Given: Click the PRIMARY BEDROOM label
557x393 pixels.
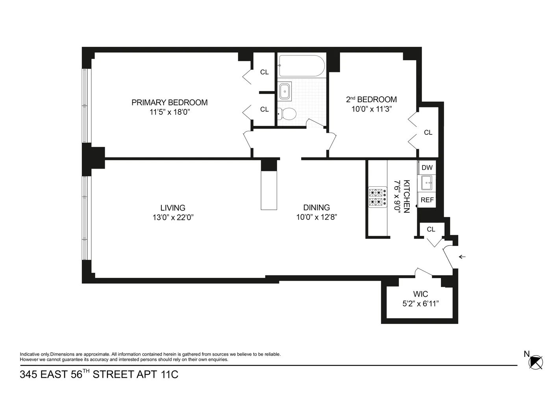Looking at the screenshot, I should coord(169,103).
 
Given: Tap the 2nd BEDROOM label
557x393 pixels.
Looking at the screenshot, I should coord(371,99).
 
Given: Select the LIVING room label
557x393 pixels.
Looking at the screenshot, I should coord(173,208).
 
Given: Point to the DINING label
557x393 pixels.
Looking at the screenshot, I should coord(316,208).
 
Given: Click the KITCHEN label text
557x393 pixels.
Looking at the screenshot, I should coord(407,196).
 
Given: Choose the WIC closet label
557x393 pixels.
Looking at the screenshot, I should coord(420,294).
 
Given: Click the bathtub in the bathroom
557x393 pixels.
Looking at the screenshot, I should coord(302,66).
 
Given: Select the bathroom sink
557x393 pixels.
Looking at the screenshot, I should coord(285,92).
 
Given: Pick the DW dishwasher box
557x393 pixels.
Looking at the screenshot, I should coord(427,168).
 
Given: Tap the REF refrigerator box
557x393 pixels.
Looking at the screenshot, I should coord(427,200).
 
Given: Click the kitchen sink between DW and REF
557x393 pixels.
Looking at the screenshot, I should coord(427,183).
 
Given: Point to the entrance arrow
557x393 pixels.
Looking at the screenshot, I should coord(462,257).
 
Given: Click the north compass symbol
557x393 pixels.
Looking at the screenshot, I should coord(536,362).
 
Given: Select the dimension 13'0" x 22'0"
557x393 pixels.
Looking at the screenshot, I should coord(173,217).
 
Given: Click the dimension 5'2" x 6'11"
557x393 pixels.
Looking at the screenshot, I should coord(420,303).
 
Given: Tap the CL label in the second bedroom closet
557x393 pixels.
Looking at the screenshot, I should coord(428,133).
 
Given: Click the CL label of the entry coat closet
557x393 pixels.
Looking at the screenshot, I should coord(431,229).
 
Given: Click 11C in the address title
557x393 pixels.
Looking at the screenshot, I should coord(169,375).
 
